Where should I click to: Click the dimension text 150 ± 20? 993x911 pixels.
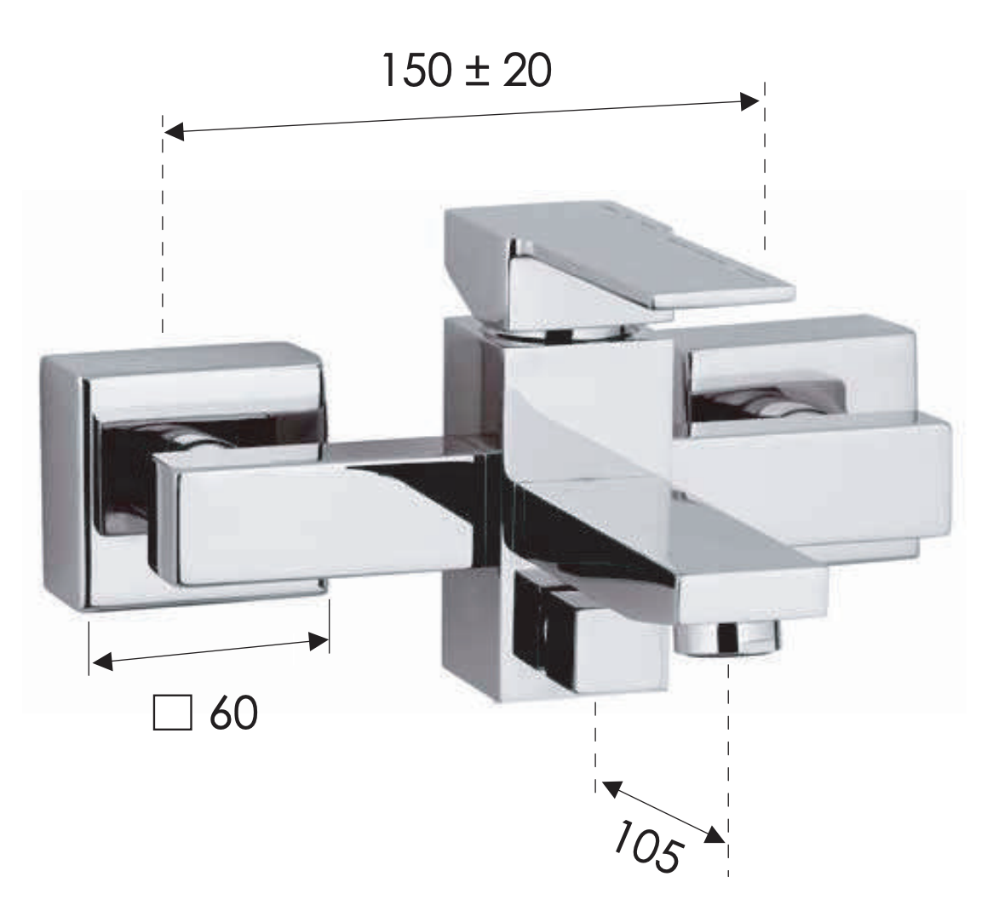coord(467,71)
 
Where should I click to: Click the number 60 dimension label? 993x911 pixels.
coord(234,713)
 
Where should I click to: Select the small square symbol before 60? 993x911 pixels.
coord(172,713)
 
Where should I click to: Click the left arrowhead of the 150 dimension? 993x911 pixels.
coord(174,132)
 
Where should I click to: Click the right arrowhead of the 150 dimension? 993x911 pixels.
coord(749,101)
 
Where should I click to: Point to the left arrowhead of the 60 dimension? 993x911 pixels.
coord(102,663)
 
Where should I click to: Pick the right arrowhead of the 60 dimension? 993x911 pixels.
coord(318,642)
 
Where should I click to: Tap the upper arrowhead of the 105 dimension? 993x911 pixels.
coord(611,788)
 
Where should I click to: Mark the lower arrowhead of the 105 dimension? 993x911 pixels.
coord(715,835)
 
